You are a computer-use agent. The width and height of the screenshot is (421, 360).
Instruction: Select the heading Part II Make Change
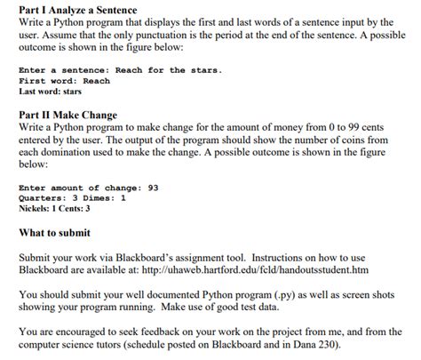click(68, 116)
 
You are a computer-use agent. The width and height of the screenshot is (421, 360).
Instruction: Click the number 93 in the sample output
click(154, 188)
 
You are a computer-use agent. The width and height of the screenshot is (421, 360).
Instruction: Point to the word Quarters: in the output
click(42, 198)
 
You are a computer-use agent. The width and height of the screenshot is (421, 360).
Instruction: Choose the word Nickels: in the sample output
click(37, 209)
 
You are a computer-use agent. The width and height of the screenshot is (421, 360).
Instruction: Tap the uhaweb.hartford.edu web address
click(279, 268)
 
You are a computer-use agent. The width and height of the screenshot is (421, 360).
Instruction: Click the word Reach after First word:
click(96, 80)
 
